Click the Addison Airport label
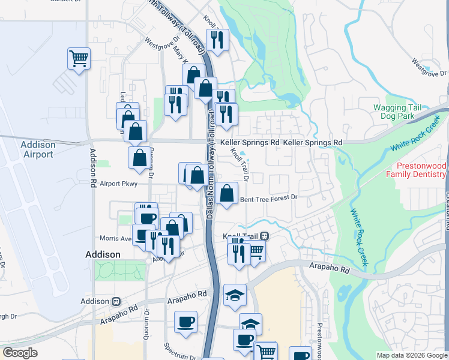tap(37, 149)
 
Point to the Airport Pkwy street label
tap(119, 184)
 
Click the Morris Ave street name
tap(118, 238)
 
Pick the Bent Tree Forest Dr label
tap(268, 197)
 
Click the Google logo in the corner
tap(20, 353)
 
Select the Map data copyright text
tap(412, 355)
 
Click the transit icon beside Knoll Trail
tap(264, 236)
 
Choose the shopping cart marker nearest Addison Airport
tap(79, 58)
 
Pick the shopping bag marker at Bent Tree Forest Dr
tap(227, 193)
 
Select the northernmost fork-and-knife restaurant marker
tap(218, 40)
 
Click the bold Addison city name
tap(103, 254)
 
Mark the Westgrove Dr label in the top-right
tap(427, 68)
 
